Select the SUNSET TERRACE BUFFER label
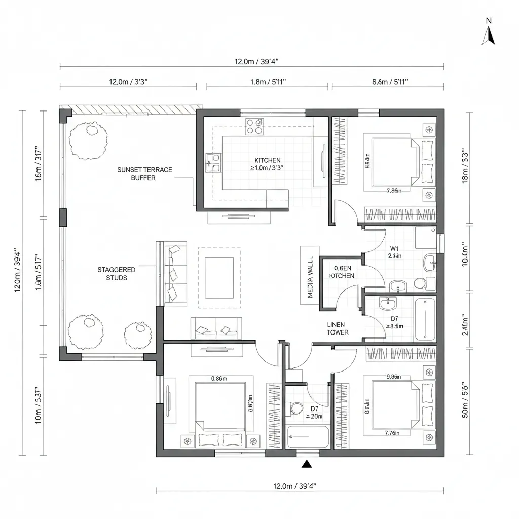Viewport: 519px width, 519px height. coord(144,174)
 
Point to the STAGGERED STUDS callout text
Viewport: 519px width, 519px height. coord(116,274)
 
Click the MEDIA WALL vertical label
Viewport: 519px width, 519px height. coord(310,275)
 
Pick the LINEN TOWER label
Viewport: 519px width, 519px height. coord(338,328)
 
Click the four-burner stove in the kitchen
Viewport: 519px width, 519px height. coord(254,126)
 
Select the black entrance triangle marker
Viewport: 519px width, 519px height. coord(306,464)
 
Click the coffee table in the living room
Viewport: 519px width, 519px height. coord(219,278)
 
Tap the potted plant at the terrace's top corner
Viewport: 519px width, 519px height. coord(88,139)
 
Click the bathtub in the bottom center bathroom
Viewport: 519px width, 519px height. coord(308,437)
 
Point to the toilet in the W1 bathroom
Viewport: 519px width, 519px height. coord(420,283)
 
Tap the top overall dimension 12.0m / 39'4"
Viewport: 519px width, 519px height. coord(256,62)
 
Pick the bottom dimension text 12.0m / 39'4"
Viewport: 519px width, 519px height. coord(294,486)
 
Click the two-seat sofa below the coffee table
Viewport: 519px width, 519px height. coord(216,328)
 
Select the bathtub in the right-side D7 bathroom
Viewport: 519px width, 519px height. coord(425,320)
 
